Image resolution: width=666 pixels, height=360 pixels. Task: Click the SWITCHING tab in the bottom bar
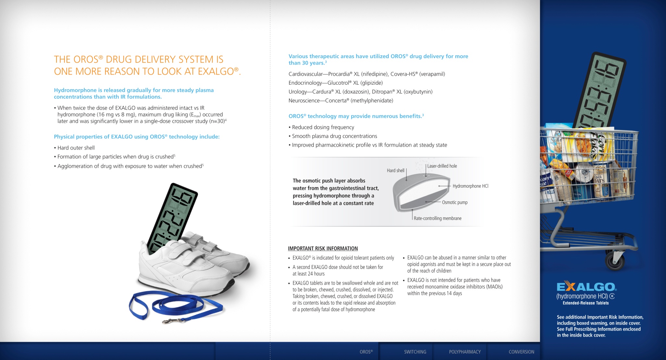coord(415,352)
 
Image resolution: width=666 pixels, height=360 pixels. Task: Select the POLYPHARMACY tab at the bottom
coord(465,352)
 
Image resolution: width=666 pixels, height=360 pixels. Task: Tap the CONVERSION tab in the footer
coord(521,352)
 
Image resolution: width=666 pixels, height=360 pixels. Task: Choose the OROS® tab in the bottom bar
coord(366,352)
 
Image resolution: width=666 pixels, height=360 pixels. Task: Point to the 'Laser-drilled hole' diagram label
coord(442,166)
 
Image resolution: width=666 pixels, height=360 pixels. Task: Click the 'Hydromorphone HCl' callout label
coord(470,186)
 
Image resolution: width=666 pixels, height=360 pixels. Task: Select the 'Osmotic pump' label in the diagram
coord(455,203)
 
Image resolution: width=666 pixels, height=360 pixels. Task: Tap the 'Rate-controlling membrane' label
coord(438,218)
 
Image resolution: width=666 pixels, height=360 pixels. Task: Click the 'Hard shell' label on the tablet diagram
coord(395,170)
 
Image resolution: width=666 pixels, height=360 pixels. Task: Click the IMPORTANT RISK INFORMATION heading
coord(323,249)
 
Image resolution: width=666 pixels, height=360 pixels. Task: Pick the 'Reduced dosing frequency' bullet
coord(323,127)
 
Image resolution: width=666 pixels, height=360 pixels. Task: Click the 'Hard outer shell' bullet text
coord(76,148)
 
